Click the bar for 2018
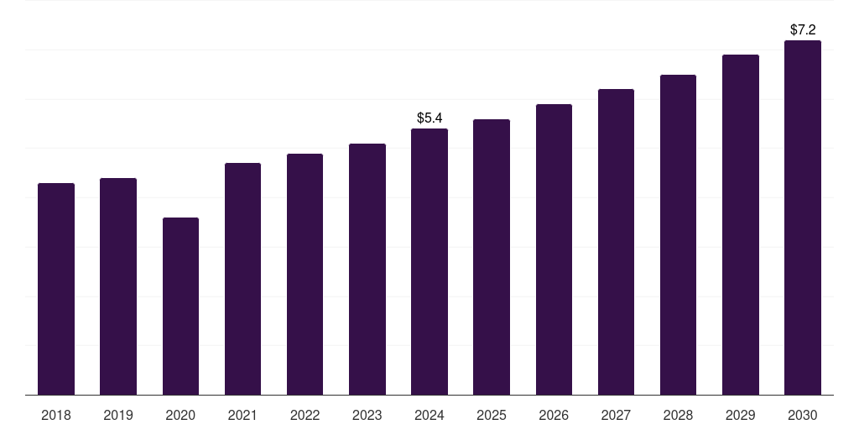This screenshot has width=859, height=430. point(56,289)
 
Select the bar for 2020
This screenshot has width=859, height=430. point(180,307)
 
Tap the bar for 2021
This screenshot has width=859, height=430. point(242,279)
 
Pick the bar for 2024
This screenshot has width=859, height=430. point(429,262)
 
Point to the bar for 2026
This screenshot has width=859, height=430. point(554,249)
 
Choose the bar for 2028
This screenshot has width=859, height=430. point(678,235)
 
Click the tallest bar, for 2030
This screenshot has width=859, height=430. point(803,218)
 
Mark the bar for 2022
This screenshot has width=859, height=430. point(305,275)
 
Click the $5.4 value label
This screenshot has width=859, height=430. point(429,118)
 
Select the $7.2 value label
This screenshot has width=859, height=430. point(803,29)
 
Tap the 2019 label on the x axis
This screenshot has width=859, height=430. point(118,415)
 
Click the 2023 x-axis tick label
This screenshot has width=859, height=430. point(367,415)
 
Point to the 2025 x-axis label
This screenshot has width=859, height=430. point(492,415)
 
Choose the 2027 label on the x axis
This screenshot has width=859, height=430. point(616,415)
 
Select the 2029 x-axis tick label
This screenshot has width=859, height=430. point(741,415)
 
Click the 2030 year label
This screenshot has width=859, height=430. point(803,415)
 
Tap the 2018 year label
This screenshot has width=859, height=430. point(56,415)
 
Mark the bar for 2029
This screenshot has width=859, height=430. point(741,225)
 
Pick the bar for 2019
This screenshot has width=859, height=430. point(118,286)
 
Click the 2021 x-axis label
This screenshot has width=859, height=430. point(242,415)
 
